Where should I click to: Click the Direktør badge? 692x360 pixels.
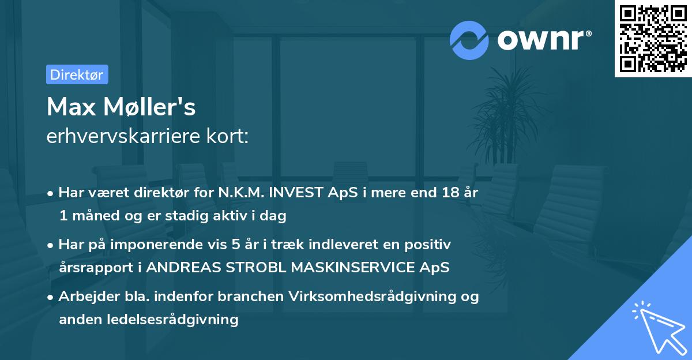77,74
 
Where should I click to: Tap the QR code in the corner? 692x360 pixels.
653,39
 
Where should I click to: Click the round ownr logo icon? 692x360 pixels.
469,40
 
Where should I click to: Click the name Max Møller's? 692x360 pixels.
121,106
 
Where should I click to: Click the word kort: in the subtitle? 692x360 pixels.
229,136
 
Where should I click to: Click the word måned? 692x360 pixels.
92,216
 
